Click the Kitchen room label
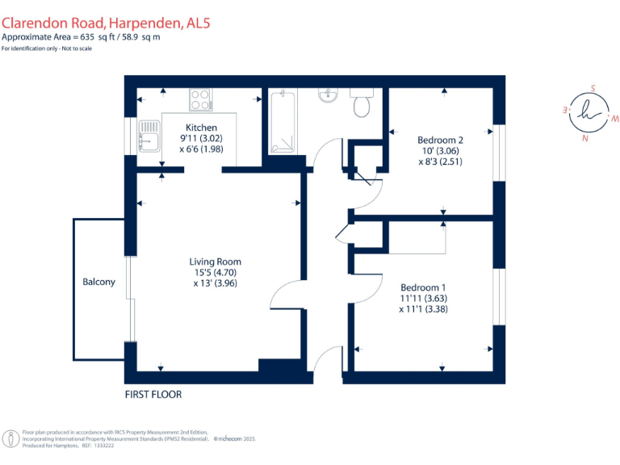[201, 128]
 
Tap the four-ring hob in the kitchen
[201, 99]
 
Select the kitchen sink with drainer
[149, 136]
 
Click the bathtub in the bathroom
[283, 121]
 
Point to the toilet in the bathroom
[362, 103]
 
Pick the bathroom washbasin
[328, 95]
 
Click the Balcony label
[98, 282]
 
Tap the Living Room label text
[215, 262]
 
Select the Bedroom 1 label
[423, 287]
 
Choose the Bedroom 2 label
[440, 140]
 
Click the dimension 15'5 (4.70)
[215, 272]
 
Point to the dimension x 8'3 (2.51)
[440, 161]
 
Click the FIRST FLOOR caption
[153, 395]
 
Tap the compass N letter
[584, 138]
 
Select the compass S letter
[593, 88]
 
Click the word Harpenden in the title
[145, 23]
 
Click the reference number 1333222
[104, 446]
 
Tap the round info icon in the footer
[10, 439]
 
